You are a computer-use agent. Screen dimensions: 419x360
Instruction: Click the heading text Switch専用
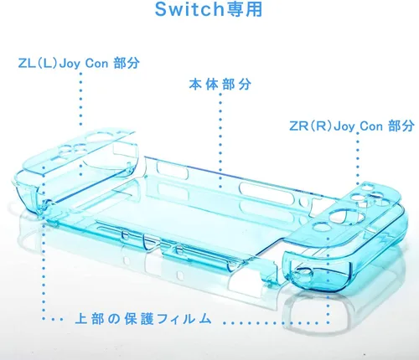coord(209,9)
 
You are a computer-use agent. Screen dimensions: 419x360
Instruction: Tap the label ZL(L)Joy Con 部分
coord(79,63)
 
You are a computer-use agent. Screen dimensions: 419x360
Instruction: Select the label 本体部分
coord(220,84)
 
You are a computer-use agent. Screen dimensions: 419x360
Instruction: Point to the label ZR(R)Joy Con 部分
coord(352,126)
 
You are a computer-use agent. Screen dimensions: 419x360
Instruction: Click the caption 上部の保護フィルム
coord(143,318)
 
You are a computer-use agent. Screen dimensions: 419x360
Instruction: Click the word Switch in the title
coord(189,9)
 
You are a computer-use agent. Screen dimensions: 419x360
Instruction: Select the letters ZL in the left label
coord(27,63)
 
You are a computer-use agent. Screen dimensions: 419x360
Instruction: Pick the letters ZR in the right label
coord(298,126)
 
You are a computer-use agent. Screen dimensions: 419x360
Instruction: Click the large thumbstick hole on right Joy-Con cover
coord(346,217)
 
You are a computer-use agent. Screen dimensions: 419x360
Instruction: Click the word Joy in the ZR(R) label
coord(344,126)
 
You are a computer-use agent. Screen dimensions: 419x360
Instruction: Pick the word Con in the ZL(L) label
coord(96,64)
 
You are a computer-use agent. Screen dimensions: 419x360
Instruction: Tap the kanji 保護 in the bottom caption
coord(139,318)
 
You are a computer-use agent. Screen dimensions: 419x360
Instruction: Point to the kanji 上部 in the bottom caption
coord(90,318)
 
